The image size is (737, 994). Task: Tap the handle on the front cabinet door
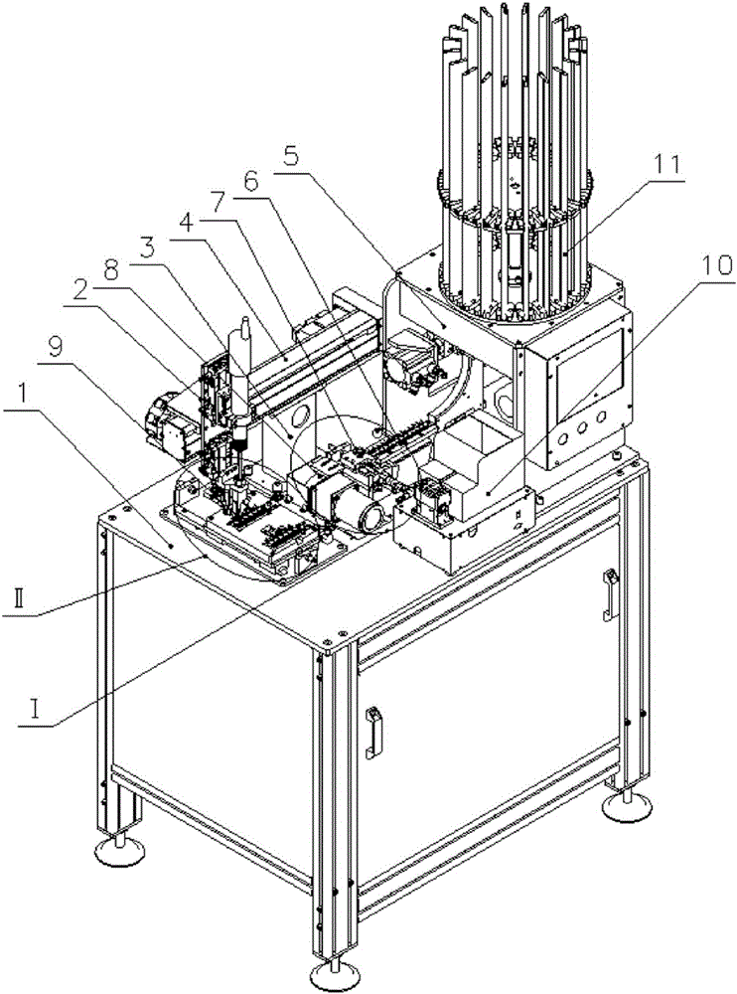[x=373, y=732]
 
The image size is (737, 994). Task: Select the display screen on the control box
[x=590, y=371]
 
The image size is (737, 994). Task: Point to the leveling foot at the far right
[x=624, y=803]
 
